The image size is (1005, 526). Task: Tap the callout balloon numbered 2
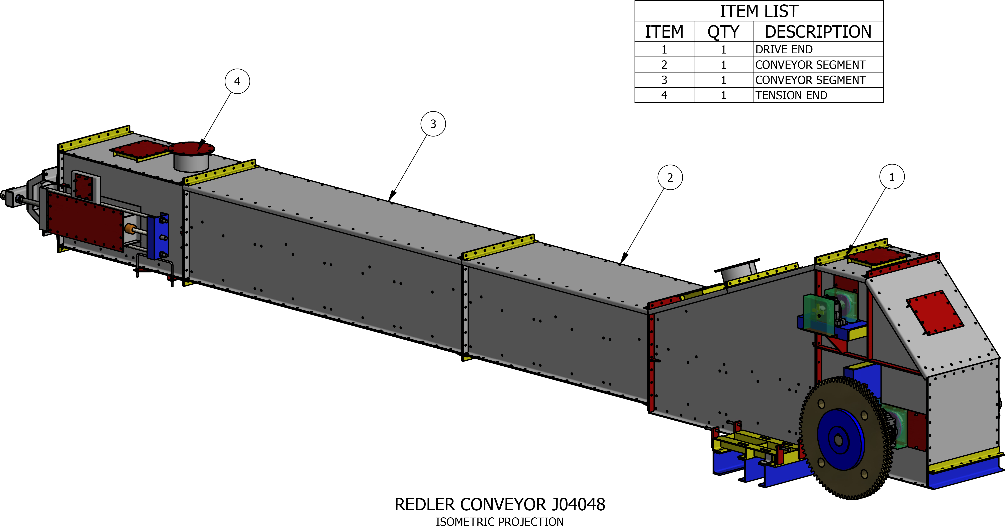[670, 178]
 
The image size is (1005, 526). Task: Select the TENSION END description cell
[791, 95]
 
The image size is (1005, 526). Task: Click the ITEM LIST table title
[759, 11]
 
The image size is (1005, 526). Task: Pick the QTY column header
[723, 32]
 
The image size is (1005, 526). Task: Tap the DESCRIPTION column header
[818, 32]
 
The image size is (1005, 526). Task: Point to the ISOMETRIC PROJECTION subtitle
[500, 522]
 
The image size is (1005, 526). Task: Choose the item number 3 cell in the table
[664, 80]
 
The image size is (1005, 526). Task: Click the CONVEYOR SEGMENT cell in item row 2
[810, 65]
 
